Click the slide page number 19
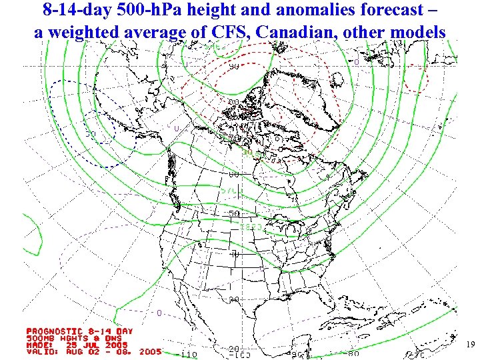pyautogui.click(x=470, y=345)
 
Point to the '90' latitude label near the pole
pyautogui.click(x=235, y=66)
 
